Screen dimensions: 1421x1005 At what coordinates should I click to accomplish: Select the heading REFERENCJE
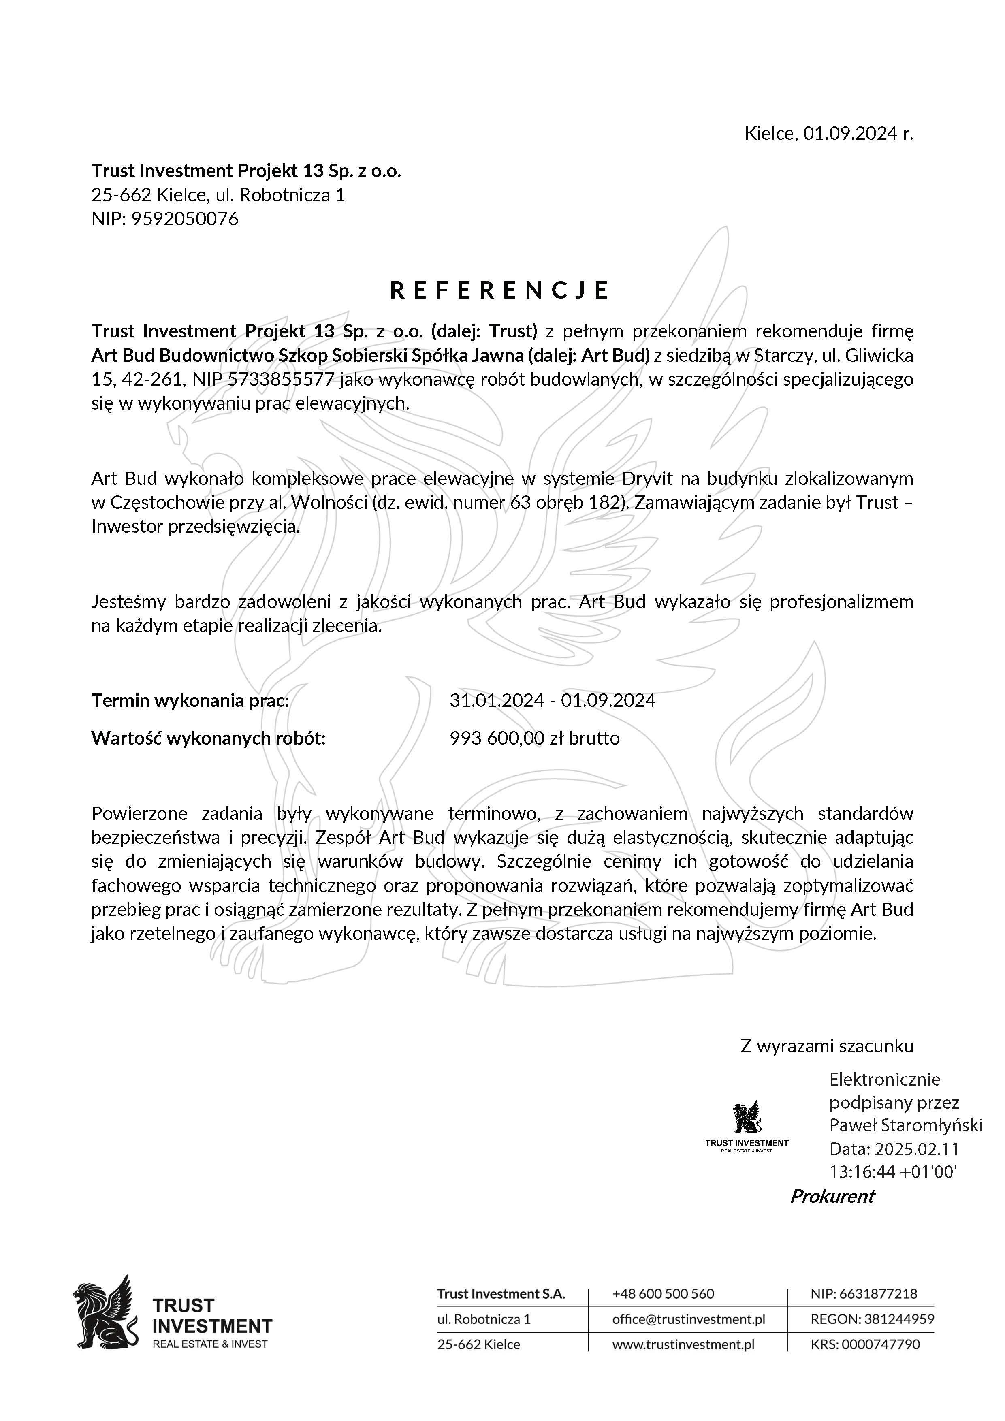pyautogui.click(x=499, y=290)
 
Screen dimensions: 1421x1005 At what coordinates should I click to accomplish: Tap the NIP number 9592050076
pyautogui.click(x=184, y=219)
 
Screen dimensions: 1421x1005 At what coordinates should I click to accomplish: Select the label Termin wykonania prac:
pyautogui.click(x=190, y=701)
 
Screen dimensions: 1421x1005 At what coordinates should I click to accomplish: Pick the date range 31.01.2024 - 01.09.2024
pyautogui.click(x=552, y=701)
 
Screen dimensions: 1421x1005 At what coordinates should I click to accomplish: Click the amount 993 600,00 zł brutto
pyautogui.click(x=534, y=738)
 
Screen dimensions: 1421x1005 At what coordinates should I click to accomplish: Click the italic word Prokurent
pyautogui.click(x=832, y=1196)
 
